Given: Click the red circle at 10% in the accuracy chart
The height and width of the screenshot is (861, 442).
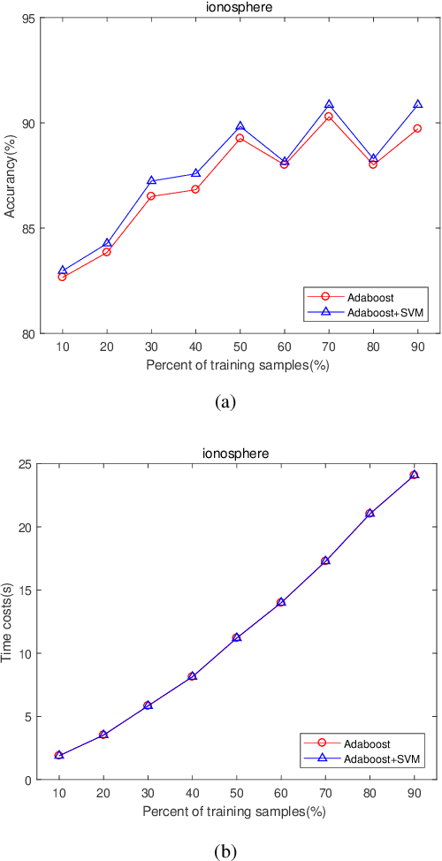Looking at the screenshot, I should pyautogui.click(x=62, y=277).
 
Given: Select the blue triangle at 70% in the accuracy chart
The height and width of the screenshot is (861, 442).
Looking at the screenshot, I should pyautogui.click(x=329, y=105).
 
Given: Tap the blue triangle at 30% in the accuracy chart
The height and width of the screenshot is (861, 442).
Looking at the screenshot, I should pyautogui.click(x=151, y=180).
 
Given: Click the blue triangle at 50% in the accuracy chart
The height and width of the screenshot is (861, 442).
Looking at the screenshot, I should pyautogui.click(x=240, y=126).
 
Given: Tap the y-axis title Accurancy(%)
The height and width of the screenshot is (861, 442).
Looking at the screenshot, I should pyautogui.click(x=11, y=175).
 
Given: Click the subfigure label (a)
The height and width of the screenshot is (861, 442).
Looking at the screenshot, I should pyautogui.click(x=225, y=400).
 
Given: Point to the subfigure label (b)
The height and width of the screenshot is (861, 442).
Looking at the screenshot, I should pyautogui.click(x=225, y=850).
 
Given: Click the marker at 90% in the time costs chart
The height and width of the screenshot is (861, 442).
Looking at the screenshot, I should pyautogui.click(x=414, y=475).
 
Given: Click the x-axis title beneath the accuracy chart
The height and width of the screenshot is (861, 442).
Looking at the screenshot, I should pyautogui.click(x=239, y=362).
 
